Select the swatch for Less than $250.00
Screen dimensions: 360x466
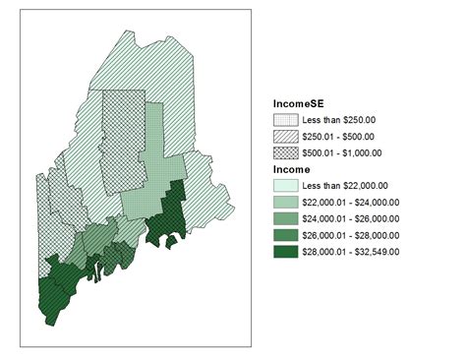[x=285, y=120]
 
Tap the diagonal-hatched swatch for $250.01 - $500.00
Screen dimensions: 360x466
[x=285, y=136]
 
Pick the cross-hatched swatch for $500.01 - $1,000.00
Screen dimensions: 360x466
[x=285, y=152]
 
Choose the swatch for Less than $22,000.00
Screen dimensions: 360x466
[x=285, y=186]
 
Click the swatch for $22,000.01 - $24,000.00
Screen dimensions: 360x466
[x=285, y=202]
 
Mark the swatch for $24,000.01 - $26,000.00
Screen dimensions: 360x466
[x=285, y=218]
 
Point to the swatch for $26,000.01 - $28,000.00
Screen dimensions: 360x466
[x=285, y=235]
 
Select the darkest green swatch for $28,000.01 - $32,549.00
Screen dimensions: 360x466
[x=285, y=252]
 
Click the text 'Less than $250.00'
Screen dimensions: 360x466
[x=339, y=120]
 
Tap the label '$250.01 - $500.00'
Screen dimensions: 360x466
[x=339, y=136]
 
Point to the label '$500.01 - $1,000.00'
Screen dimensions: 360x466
[x=343, y=152]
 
